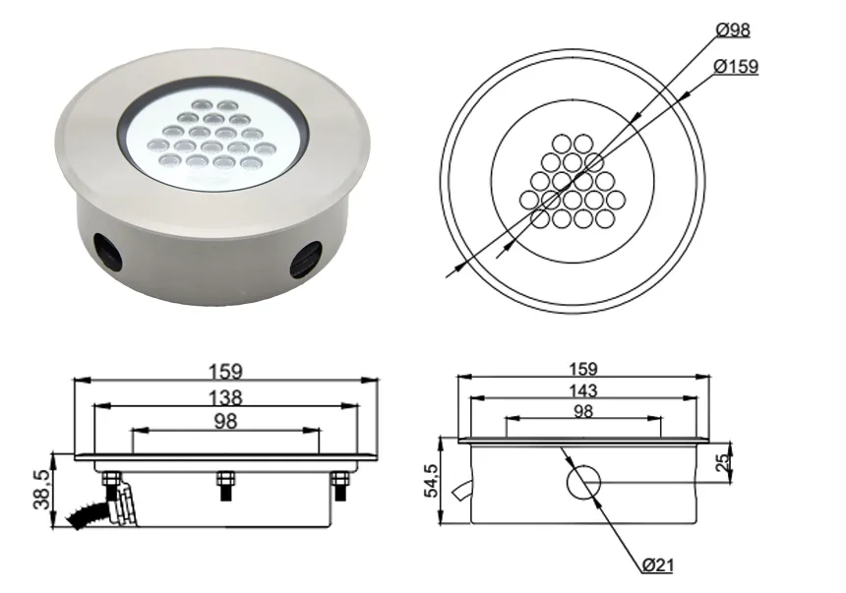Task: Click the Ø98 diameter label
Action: click(733, 30)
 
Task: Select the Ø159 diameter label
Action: click(736, 67)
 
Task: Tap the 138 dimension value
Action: click(226, 397)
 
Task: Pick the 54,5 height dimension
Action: click(429, 482)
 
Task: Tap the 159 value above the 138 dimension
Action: click(226, 372)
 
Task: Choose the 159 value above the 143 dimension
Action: click(583, 369)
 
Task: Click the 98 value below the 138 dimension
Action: click(226, 421)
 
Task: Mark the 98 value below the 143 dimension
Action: click(583, 411)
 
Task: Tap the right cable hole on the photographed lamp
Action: click(306, 259)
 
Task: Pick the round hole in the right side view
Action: click(582, 483)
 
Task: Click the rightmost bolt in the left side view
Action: click(340, 482)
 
